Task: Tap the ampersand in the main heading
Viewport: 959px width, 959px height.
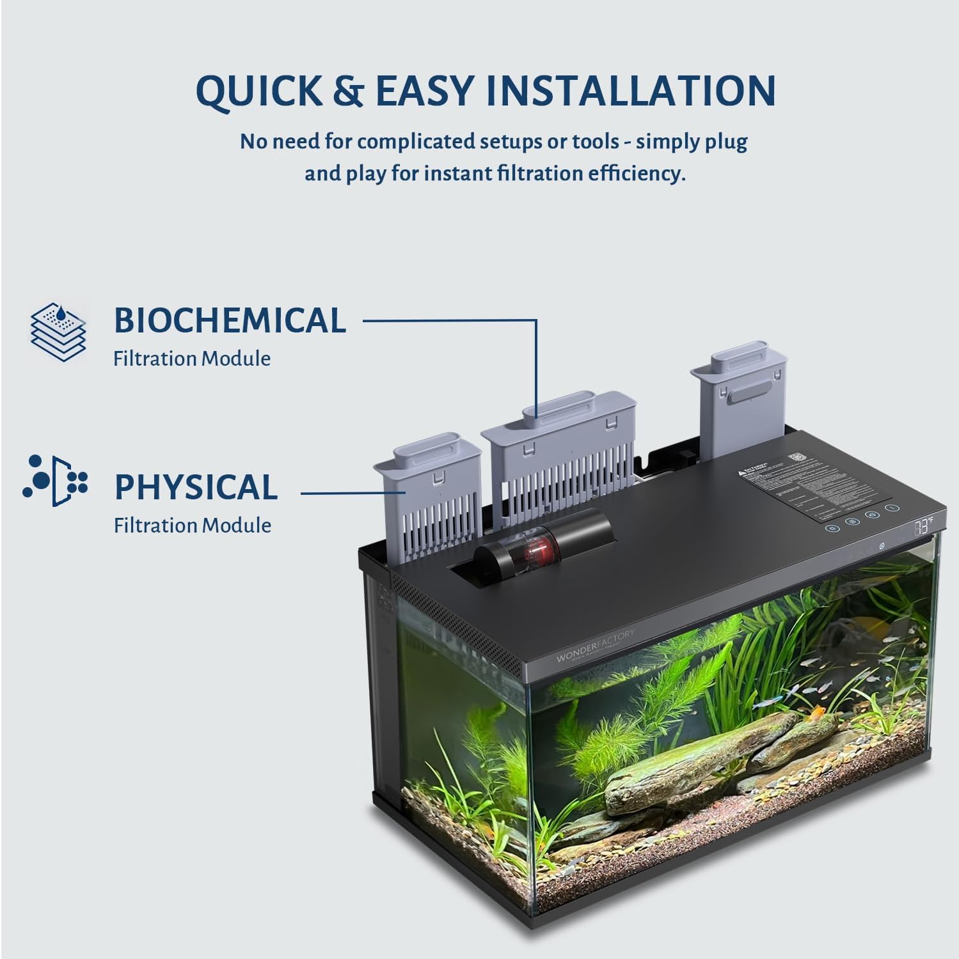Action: pyautogui.click(x=348, y=91)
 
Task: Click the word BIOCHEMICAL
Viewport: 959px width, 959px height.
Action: pyautogui.click(x=230, y=320)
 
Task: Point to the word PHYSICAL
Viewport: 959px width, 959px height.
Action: pyautogui.click(x=196, y=487)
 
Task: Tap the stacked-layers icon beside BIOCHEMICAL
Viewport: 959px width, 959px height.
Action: pyautogui.click(x=58, y=332)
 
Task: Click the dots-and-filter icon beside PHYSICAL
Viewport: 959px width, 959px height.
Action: pyautogui.click(x=56, y=481)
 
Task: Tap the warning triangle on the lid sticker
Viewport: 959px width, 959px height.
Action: pyautogui.click(x=740, y=473)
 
